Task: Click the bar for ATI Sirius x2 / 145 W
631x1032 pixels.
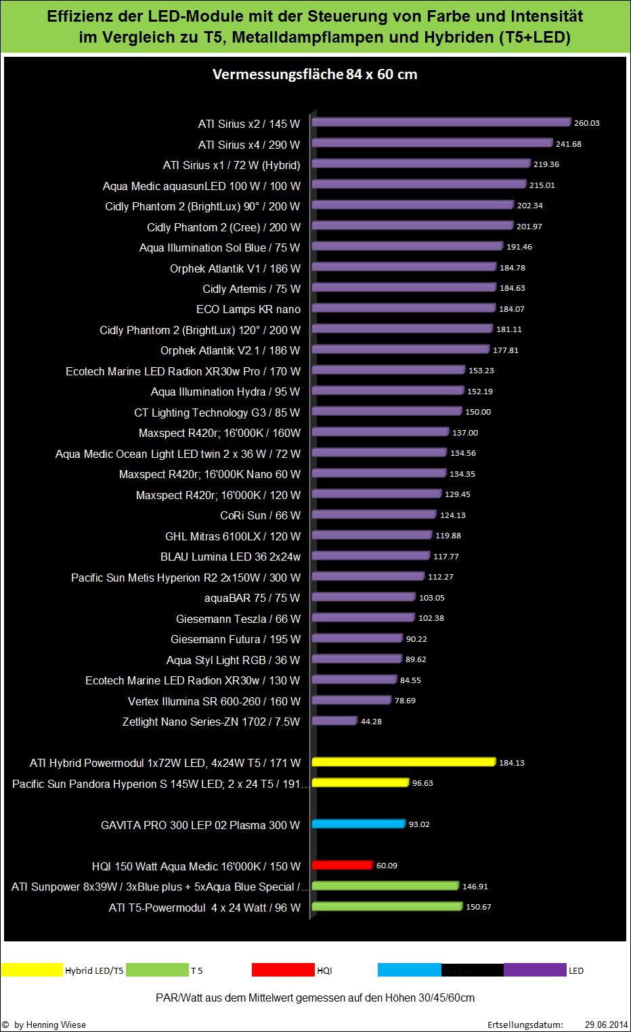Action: tap(441, 122)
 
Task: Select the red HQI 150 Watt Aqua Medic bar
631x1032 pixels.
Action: tap(343, 865)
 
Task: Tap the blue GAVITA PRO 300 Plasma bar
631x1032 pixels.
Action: tap(359, 824)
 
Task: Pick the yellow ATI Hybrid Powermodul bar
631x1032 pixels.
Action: tap(404, 762)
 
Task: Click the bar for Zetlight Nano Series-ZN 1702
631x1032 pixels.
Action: tap(334, 721)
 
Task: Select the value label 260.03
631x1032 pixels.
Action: tap(586, 123)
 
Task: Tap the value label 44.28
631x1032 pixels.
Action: tap(371, 722)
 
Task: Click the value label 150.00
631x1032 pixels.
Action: tap(478, 412)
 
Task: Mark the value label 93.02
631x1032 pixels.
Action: tap(419, 824)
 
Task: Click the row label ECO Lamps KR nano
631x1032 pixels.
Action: tap(248, 309)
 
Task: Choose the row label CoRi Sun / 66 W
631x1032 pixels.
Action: tap(260, 515)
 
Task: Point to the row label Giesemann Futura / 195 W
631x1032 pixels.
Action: tap(235, 639)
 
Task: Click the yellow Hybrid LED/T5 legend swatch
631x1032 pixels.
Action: tap(32, 970)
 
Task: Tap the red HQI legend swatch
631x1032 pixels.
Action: tap(282, 970)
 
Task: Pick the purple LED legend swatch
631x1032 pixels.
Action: tap(535, 970)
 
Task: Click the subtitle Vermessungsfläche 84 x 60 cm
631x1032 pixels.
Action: tap(315, 74)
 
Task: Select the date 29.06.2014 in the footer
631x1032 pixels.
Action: tap(605, 1025)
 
